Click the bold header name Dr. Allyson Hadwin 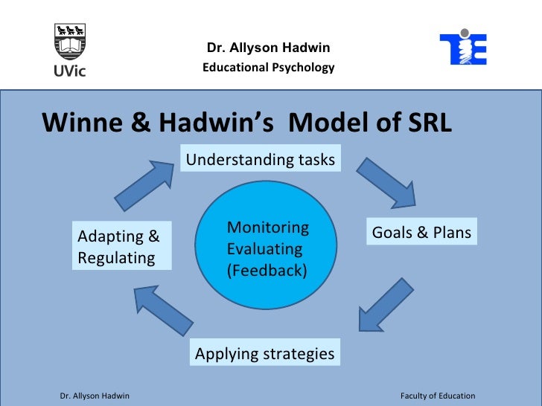click(x=268, y=48)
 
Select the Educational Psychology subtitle click(x=268, y=68)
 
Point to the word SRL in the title click(x=426, y=123)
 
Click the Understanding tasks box click(x=260, y=159)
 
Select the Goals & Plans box click(x=421, y=233)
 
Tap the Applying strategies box click(x=264, y=354)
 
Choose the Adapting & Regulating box click(x=121, y=247)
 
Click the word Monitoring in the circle click(x=267, y=228)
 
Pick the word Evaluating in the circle click(x=264, y=249)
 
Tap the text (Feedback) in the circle click(x=267, y=270)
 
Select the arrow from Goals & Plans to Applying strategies click(x=386, y=305)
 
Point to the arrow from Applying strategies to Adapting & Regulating click(x=163, y=311)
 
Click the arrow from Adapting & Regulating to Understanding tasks click(x=144, y=181)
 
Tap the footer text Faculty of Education click(x=438, y=396)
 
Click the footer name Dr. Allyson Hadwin click(x=95, y=396)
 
